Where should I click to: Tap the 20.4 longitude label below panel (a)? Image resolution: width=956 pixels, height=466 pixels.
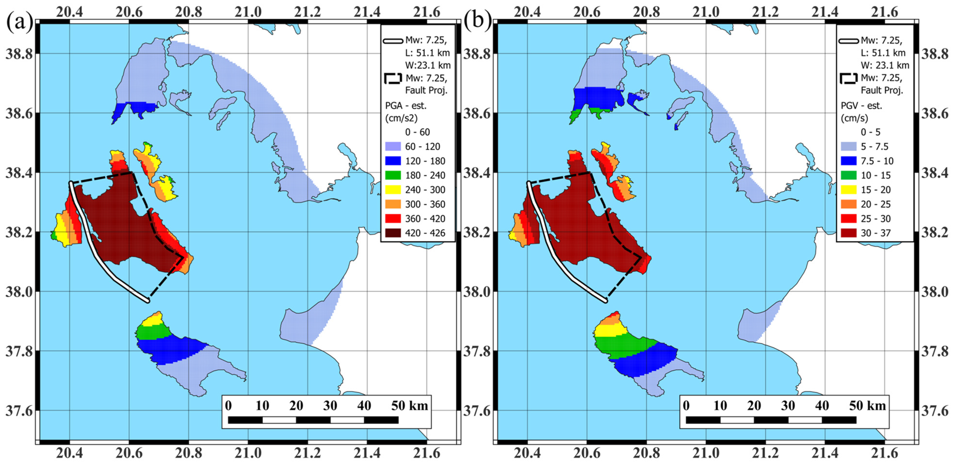(x=70, y=453)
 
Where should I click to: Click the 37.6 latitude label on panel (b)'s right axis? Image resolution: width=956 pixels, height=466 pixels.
(x=934, y=411)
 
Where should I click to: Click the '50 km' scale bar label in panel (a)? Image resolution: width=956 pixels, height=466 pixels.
(x=409, y=406)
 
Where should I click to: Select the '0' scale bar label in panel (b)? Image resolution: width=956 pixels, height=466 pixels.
(x=686, y=406)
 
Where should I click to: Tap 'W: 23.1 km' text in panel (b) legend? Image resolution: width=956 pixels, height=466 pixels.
(x=885, y=65)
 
